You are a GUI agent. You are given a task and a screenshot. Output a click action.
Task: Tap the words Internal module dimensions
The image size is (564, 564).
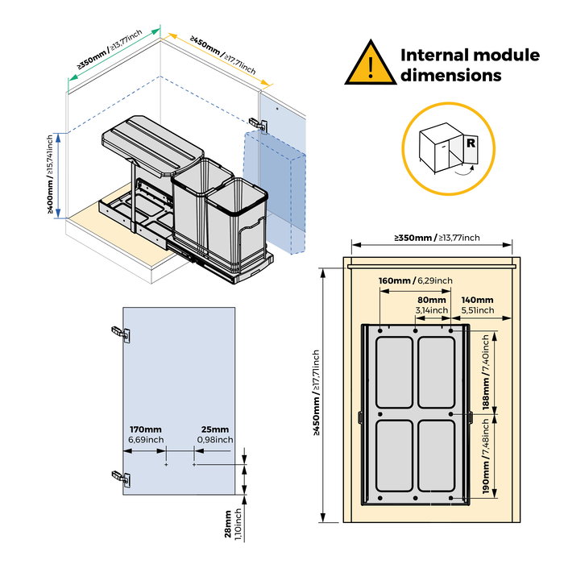pos(471,65)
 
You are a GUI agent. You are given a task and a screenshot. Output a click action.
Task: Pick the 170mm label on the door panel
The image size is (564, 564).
pos(146,434)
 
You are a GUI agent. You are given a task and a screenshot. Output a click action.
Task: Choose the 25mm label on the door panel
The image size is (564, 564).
pos(215,434)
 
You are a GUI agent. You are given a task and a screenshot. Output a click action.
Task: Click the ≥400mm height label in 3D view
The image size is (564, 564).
pos(49,176)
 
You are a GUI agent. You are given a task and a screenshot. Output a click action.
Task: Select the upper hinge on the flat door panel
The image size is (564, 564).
pos(119,332)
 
